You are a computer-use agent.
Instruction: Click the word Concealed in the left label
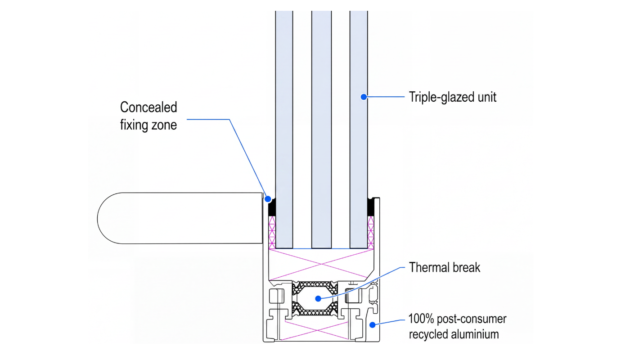point(148,107)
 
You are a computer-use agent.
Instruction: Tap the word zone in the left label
point(164,125)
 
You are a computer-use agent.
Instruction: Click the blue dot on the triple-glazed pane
point(364,97)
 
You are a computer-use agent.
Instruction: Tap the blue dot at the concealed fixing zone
point(268,199)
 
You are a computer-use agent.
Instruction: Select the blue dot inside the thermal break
point(318,299)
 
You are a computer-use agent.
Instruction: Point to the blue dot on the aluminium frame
point(373,325)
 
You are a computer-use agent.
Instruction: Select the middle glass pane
point(321,130)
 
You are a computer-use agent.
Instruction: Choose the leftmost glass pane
point(284,130)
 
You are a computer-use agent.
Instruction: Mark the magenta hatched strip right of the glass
point(371,233)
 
